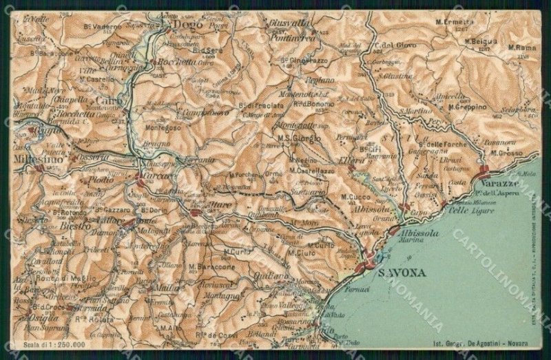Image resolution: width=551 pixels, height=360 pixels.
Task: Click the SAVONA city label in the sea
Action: [403, 273]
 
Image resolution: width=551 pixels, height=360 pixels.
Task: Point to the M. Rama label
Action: [521, 47]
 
